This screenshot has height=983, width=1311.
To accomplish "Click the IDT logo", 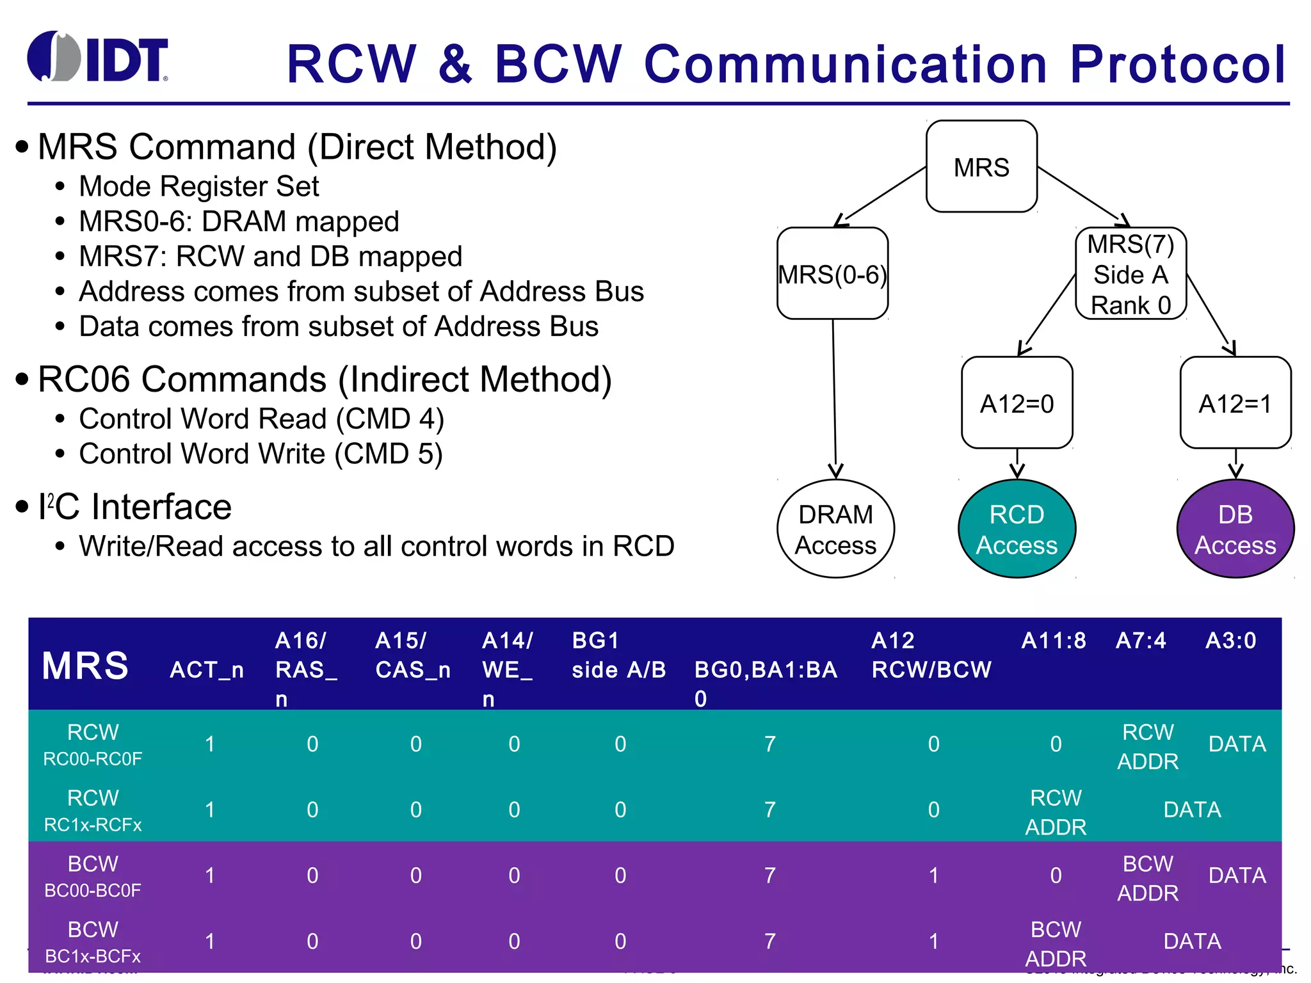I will (x=97, y=58).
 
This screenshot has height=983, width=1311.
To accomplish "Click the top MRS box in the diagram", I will (x=981, y=166).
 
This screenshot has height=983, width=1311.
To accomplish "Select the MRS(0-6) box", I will (x=832, y=274).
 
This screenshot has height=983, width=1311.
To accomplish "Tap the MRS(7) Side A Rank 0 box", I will (x=1130, y=274).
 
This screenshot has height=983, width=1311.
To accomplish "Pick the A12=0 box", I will (x=1017, y=403).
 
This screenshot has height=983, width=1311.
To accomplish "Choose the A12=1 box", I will (x=1235, y=403).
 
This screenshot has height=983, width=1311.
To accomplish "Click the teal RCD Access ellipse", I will (x=1017, y=529).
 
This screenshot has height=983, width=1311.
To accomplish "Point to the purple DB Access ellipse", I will (x=1235, y=529).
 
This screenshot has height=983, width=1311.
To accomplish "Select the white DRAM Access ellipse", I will (x=835, y=529).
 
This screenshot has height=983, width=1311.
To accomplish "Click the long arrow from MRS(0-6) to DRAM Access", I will (x=834, y=397).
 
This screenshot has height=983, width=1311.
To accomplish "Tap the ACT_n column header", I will (x=207, y=669).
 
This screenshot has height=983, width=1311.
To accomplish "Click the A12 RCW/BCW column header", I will (x=931, y=655).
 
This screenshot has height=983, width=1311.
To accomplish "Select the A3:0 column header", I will (x=1230, y=641).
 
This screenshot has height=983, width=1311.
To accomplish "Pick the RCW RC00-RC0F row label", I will (x=93, y=744).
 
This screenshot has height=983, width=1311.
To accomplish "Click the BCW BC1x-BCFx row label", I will (x=93, y=941).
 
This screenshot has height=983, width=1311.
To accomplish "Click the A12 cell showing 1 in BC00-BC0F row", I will (x=933, y=875).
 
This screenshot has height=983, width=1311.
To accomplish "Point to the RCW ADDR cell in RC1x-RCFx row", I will (x=1056, y=811).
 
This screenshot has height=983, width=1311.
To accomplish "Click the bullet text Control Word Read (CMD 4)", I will (x=261, y=419).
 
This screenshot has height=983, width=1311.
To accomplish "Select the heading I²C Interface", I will (x=134, y=507).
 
